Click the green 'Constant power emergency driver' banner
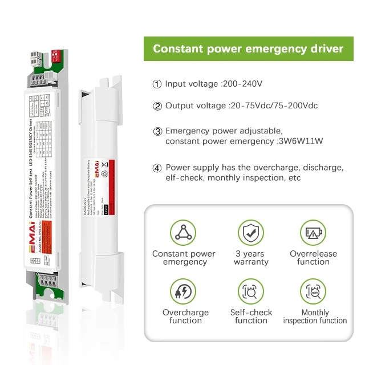[248, 48]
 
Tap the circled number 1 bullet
[157, 84]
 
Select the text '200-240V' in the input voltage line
[242, 84]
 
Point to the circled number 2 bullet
[157, 106]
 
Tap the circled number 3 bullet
[157, 131]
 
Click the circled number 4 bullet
[157, 168]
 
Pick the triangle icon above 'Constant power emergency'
[184, 233]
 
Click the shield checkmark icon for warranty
[251, 233]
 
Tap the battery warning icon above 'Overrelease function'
[313, 233]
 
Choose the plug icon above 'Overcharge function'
[184, 291]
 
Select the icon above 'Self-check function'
[251, 291]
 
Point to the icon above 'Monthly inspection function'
[313, 291]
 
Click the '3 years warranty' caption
[251, 258]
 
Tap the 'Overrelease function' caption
[313, 258]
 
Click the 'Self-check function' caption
[251, 317]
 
